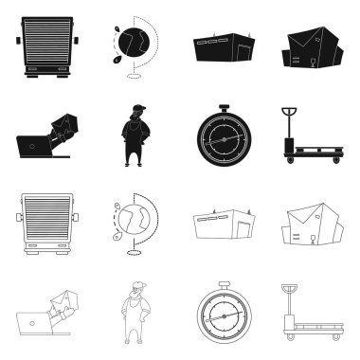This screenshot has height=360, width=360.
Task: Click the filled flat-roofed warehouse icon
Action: coord(225,47)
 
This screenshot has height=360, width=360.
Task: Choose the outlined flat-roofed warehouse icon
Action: coord(225,227)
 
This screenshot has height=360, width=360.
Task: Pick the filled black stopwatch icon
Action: coord(225,136)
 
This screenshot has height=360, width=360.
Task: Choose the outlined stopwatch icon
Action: coord(225,316)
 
